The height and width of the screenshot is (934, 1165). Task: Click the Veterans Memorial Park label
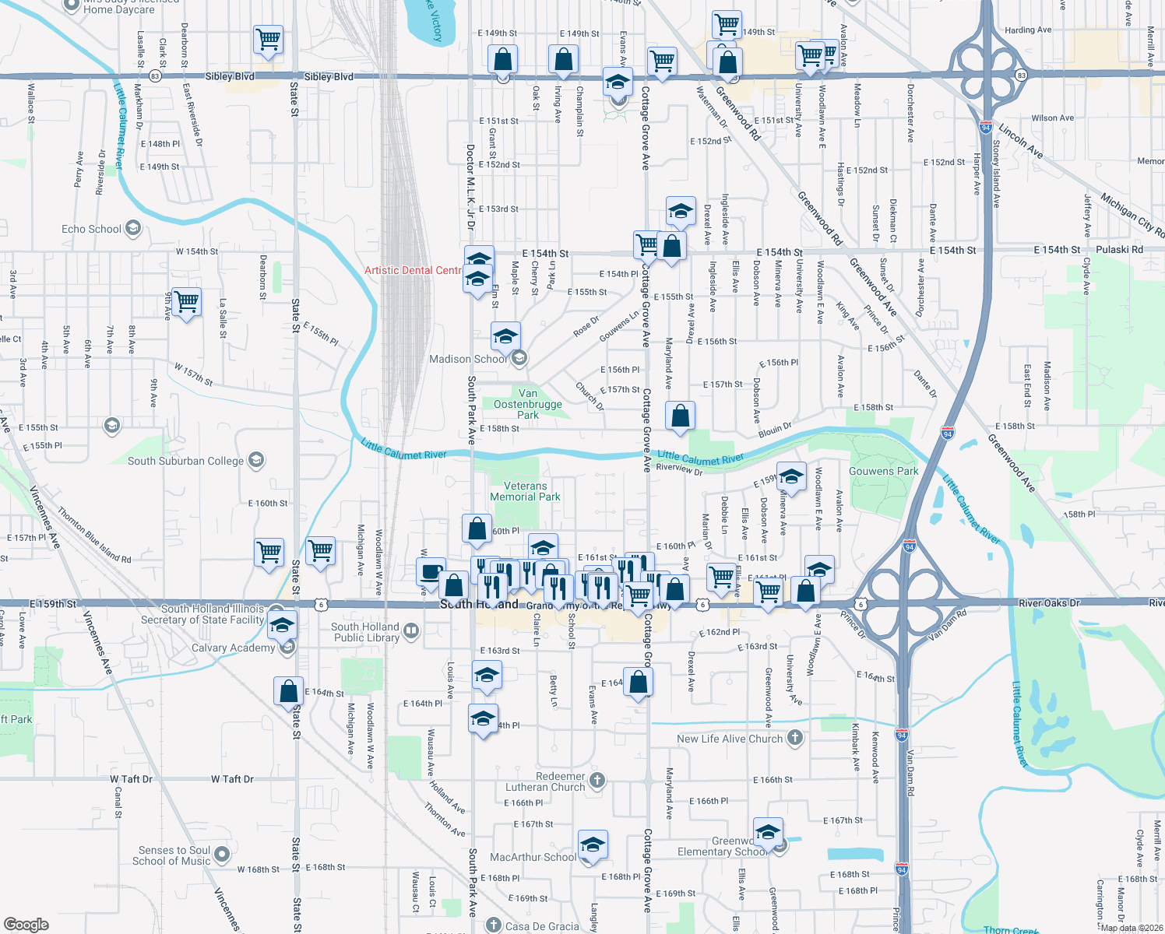pyautogui.click(x=526, y=491)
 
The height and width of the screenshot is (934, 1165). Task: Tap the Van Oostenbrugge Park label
pyautogui.click(x=528, y=404)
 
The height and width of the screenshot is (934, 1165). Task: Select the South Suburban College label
pyautogui.click(x=186, y=461)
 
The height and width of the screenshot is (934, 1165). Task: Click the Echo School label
pyautogui.click(x=92, y=229)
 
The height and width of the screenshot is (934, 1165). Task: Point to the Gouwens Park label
pyautogui.click(x=884, y=471)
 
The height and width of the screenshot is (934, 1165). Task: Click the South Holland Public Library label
pyautogui.click(x=365, y=632)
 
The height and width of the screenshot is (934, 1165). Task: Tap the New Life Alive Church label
pyautogui.click(x=730, y=739)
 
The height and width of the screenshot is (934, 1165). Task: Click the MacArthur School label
pyautogui.click(x=533, y=857)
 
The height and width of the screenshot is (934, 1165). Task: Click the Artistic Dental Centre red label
pyautogui.click(x=414, y=270)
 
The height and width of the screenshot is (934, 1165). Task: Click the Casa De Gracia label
pyautogui.click(x=542, y=926)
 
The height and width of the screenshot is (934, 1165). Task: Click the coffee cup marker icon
pyautogui.click(x=431, y=572)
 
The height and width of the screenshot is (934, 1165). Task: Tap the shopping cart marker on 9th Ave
pyautogui.click(x=187, y=301)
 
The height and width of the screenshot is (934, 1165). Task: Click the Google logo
pyautogui.click(x=26, y=925)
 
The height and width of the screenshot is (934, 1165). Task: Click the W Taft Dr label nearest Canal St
pyautogui.click(x=132, y=779)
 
